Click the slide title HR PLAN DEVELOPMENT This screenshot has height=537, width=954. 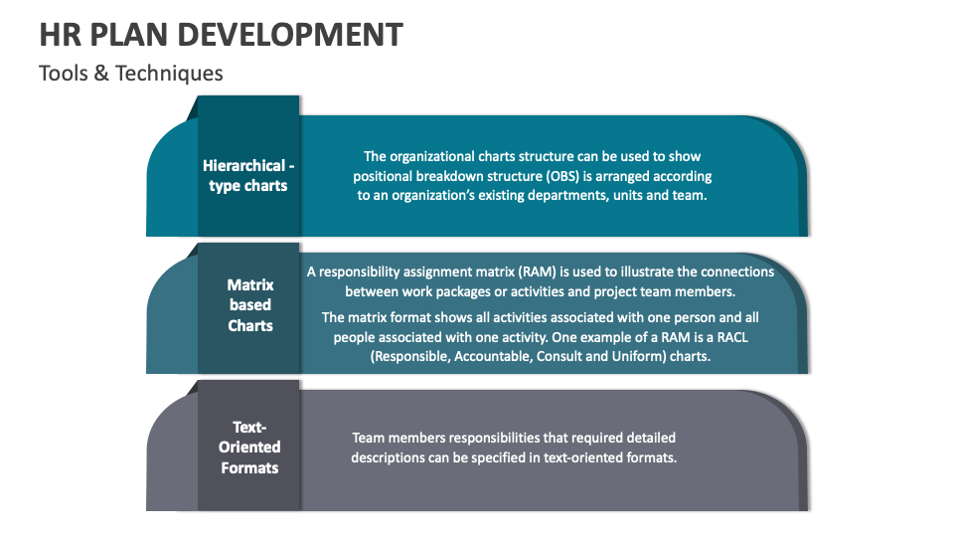(221, 34)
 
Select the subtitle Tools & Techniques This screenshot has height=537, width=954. (130, 74)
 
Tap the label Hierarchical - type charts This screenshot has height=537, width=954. (248, 176)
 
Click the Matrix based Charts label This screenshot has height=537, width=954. (249, 305)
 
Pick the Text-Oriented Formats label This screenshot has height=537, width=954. (249, 447)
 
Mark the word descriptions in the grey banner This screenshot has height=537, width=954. (392, 457)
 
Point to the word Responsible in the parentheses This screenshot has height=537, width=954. (409, 357)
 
